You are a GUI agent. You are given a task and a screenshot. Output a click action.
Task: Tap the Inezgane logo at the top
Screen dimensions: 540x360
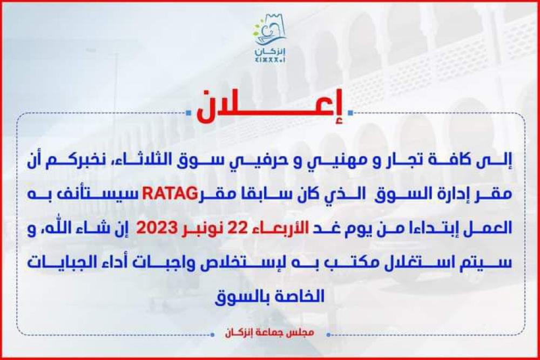[270, 38]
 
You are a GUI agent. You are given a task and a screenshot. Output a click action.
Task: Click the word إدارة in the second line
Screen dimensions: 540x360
[438, 195]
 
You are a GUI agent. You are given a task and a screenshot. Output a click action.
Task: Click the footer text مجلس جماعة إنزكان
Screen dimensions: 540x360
[269, 333]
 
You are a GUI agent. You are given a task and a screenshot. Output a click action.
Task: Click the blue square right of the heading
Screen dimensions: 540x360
[350, 112]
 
